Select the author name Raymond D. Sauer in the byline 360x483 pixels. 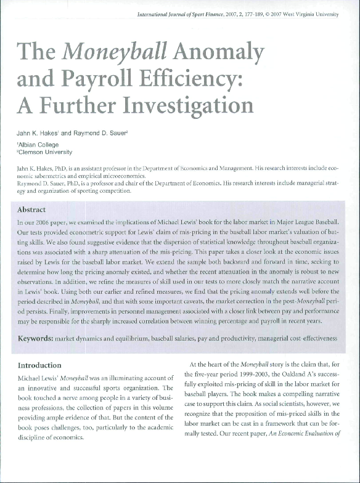[115, 133]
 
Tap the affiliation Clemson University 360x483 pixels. [46, 152]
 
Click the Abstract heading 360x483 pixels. [32, 209]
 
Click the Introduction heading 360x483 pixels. [39, 365]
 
